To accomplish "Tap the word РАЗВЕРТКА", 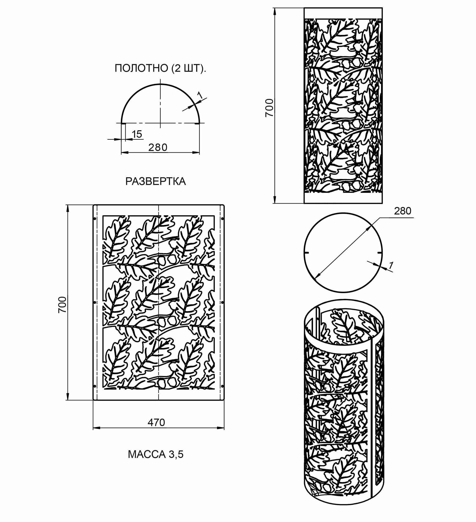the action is coord(156,181).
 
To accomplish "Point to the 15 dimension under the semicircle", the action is coord(137,134).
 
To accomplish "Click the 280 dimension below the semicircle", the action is coord(158,147).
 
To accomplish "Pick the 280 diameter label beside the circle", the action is coord(402,211).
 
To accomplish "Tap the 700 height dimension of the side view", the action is coord(269,108).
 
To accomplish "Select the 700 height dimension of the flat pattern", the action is coord(63,305).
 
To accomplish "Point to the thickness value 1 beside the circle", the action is coord(391,266).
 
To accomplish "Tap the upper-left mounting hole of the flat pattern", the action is coord(95,219).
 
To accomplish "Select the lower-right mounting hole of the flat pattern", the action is coord(222,385).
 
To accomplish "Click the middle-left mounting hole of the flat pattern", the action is coord(95,302).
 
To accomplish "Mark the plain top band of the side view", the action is coord(343,13).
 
